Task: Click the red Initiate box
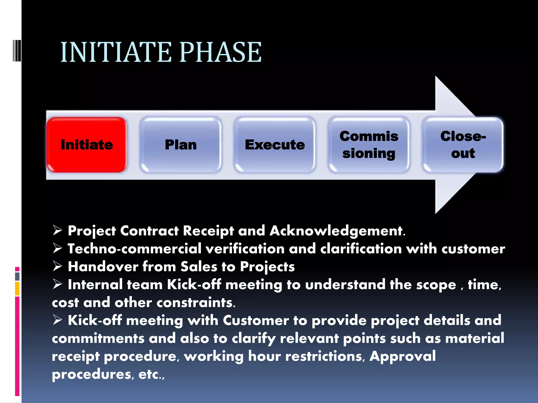[87, 145]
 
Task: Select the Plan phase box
[181, 145]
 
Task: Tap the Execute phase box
[275, 145]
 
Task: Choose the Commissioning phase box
[369, 145]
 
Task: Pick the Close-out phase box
[463, 145]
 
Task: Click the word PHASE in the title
[221, 52]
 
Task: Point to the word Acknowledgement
[337, 231]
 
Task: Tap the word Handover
[103, 267]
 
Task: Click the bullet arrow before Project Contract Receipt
[57, 230]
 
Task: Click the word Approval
[402, 356]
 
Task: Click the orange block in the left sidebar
[17, 288]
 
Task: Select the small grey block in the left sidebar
[17, 276]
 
